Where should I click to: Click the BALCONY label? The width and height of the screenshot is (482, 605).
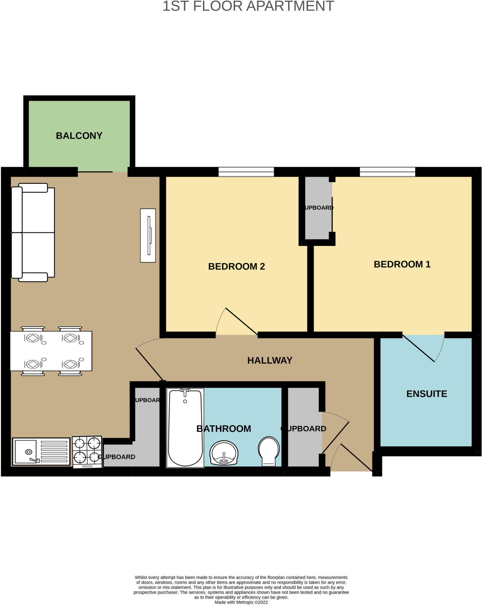point(79,136)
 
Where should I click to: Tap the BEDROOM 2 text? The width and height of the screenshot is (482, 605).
point(236,266)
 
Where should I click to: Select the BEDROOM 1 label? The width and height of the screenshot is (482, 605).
point(402,264)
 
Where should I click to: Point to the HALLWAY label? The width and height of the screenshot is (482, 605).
point(270,360)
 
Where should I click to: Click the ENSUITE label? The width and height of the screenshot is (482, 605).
point(426,394)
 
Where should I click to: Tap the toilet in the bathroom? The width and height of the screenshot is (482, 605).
point(269,451)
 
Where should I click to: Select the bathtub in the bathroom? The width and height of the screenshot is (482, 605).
point(185,428)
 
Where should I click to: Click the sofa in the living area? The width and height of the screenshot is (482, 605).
point(33,232)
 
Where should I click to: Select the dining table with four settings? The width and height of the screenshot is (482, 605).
point(51,351)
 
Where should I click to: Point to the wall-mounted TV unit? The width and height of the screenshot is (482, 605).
point(148,235)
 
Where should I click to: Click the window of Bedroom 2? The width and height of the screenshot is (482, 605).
point(246,172)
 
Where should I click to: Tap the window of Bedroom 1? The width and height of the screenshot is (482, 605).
point(387,172)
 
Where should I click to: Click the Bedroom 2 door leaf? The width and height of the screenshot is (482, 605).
point(241,321)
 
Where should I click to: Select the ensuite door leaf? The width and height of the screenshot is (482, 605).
point(418,348)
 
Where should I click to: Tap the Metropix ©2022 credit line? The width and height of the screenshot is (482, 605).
point(241,602)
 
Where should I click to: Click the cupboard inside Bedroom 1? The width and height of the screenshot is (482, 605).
point(318,208)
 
